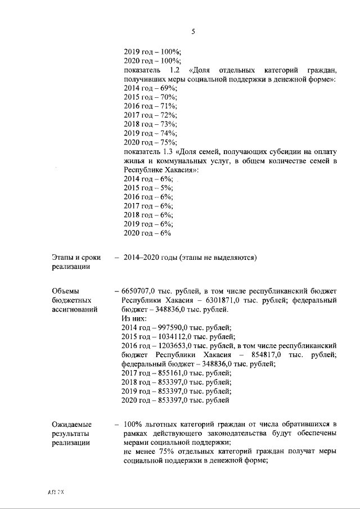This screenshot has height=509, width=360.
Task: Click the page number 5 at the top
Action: coord(193,32)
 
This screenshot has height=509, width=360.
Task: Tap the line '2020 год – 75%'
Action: coord(150,142)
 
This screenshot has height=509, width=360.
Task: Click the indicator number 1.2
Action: coord(174,70)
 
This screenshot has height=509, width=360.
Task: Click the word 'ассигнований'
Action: coord(74,309)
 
